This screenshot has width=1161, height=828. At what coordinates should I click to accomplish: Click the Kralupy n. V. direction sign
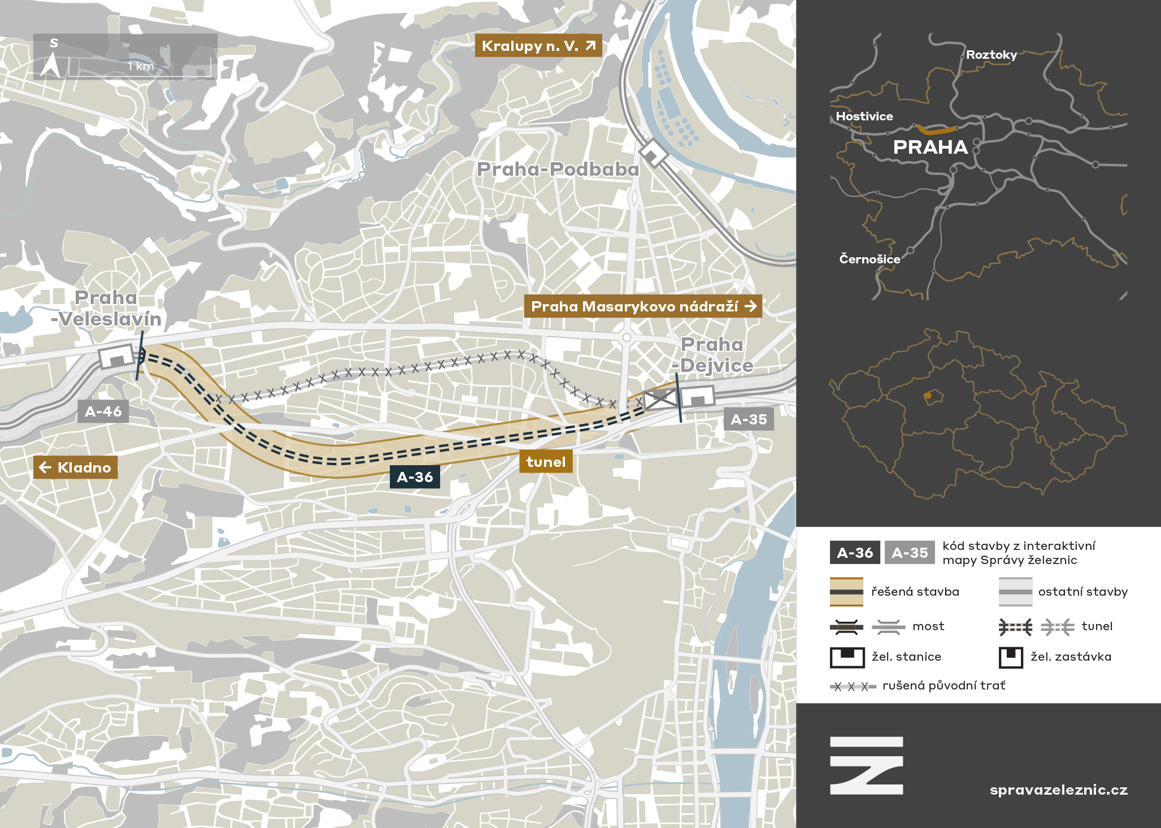(x=538, y=46)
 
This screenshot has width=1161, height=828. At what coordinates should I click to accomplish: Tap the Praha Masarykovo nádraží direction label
(x=643, y=306)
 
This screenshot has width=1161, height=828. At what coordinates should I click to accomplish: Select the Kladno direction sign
(x=76, y=467)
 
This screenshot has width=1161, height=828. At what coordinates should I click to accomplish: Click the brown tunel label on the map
(x=546, y=462)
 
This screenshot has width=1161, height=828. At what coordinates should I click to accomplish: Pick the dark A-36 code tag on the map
(x=415, y=477)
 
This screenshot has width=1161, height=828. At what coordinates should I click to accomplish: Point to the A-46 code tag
(x=103, y=411)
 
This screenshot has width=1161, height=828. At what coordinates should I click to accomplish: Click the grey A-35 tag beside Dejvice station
(x=749, y=419)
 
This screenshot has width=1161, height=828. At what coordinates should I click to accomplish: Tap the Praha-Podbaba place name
(x=558, y=169)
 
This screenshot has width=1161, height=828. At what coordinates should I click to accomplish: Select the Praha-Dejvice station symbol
(x=697, y=396)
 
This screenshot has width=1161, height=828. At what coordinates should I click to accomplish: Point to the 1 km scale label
(x=141, y=66)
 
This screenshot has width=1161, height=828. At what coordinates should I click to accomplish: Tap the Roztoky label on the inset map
(x=991, y=55)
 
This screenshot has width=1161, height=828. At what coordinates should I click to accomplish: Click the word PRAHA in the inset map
(x=930, y=148)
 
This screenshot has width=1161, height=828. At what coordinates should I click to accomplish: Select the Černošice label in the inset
(x=869, y=259)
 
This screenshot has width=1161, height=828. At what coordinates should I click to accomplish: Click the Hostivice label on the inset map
(x=864, y=116)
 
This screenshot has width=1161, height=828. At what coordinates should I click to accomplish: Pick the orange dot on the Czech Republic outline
(x=927, y=396)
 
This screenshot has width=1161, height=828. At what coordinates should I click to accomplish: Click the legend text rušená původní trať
(x=943, y=686)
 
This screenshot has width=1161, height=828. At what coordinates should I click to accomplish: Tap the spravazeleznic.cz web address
(x=1058, y=790)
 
